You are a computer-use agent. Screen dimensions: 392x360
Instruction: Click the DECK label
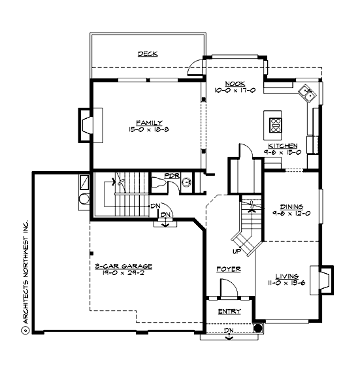pos(148,54)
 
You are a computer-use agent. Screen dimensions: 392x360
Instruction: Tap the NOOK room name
pos(235,84)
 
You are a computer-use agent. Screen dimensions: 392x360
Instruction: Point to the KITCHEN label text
pos(283,145)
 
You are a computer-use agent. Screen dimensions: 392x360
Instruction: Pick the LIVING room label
pos(287,276)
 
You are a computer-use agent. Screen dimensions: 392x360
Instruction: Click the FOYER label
pos(229,269)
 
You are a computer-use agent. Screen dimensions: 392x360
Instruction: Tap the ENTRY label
pos(229,311)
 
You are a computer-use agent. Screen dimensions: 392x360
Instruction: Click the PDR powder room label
pos(171,176)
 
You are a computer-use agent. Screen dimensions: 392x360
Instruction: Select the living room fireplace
pos(325,280)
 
